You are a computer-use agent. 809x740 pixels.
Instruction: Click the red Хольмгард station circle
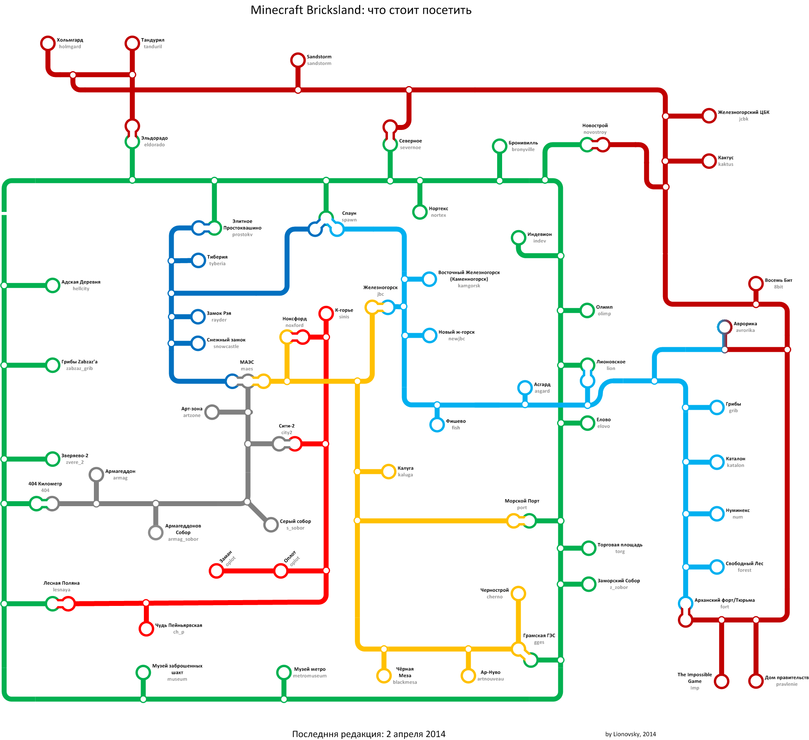tap(48, 43)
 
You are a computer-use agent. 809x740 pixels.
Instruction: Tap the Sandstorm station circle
tap(298, 60)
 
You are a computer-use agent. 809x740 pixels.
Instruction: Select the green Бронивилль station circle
tap(500, 146)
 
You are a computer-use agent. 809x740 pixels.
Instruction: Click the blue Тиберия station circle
tap(199, 260)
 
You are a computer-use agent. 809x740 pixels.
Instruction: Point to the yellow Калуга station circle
tap(389, 471)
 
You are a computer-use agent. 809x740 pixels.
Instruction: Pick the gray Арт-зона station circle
tap(212, 412)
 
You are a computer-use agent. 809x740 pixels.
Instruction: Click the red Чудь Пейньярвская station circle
tap(146, 629)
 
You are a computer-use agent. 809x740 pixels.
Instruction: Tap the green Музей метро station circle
tap(284, 672)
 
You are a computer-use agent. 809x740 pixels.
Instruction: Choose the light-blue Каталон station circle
tap(717, 462)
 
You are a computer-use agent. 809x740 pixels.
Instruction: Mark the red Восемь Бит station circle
tap(756, 284)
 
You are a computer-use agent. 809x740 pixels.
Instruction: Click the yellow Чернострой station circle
tap(518, 593)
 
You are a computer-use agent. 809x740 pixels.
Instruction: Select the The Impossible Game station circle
tap(721, 681)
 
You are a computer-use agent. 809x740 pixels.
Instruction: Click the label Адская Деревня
tap(81, 282)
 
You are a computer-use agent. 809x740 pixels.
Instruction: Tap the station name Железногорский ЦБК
tap(744, 112)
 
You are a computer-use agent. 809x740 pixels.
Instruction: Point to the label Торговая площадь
tap(620, 545)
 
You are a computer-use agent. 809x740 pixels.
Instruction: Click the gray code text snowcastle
tap(226, 346)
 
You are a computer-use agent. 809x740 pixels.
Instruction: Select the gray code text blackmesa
tap(405, 682)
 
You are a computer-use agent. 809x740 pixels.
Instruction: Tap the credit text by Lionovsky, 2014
tap(630, 734)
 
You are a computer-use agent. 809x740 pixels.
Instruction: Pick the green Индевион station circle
tap(518, 238)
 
